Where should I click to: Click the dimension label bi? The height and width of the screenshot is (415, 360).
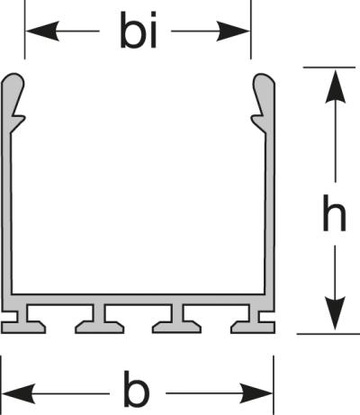point(139,30)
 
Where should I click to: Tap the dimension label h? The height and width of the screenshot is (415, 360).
point(334,212)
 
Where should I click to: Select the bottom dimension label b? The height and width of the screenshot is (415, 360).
point(136,389)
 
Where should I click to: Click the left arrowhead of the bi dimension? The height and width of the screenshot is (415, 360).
point(42,31)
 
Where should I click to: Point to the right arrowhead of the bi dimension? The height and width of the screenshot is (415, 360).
point(232,31)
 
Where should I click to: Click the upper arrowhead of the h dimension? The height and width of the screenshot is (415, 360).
point(335,86)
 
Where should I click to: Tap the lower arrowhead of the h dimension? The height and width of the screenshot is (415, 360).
point(335,313)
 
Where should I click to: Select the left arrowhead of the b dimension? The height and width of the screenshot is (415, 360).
point(19,393)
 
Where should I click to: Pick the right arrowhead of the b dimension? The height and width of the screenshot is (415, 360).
point(256,393)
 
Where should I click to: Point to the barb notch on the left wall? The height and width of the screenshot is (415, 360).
point(17,118)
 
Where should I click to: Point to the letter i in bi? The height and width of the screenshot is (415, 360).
point(153,30)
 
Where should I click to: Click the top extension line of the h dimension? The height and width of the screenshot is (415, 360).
point(329,68)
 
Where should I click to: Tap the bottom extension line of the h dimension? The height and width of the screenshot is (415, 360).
point(328,333)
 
